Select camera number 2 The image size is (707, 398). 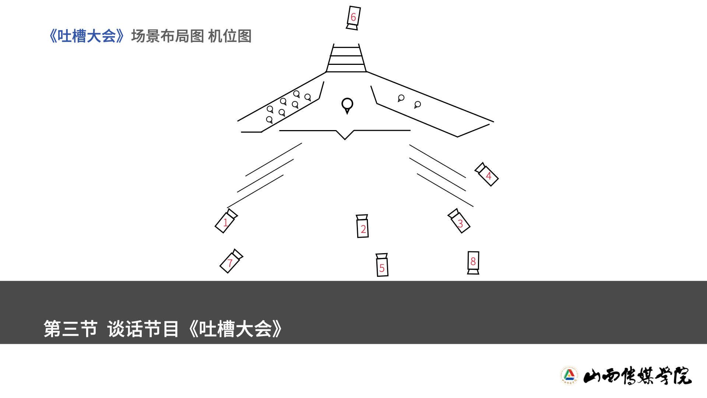363,227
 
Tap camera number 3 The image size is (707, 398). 459,221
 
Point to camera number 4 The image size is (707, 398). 487,175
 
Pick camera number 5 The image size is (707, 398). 382,265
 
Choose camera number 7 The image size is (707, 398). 231,261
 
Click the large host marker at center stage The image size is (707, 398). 347,105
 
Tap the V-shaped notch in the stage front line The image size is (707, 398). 345,135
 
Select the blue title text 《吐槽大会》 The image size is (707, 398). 87,36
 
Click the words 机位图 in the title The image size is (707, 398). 230,36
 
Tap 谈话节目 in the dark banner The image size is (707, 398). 143,329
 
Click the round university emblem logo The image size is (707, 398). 569,376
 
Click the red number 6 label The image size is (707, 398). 353,17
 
